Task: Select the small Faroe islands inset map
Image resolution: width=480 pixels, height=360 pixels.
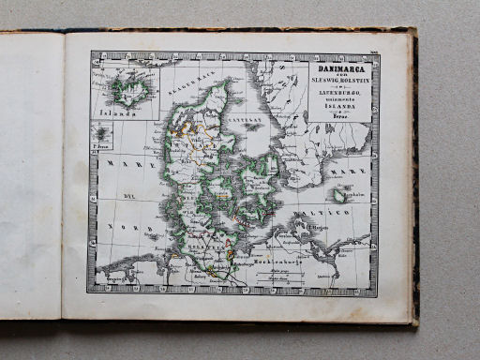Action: click(x=101, y=133)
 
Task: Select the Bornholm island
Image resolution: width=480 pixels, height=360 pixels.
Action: click(x=341, y=195)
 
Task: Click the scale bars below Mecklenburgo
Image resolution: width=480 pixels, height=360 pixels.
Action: click(x=276, y=273)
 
